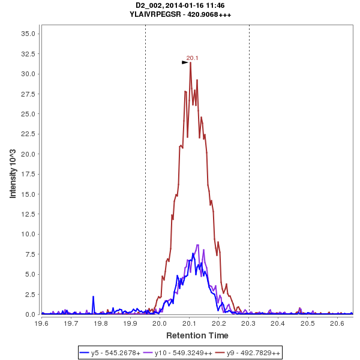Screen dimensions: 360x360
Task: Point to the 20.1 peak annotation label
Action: point(192,58)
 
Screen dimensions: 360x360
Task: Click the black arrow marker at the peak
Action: point(185,62)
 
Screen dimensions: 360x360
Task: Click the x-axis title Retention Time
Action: point(197,335)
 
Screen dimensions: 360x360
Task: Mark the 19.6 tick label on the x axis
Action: point(41,323)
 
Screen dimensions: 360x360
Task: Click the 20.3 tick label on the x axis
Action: point(249,323)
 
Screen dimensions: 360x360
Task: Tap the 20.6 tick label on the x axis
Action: point(338,323)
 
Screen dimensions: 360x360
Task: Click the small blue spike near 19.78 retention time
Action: point(94,297)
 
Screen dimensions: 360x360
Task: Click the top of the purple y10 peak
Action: point(197,244)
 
